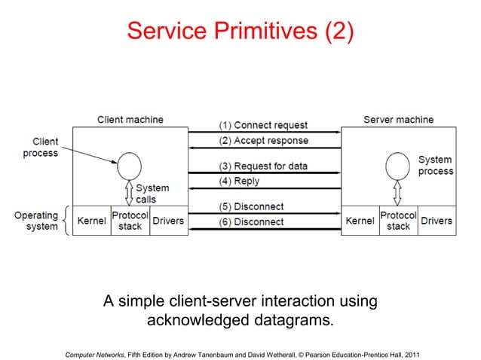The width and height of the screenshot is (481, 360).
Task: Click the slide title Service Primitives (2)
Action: click(x=240, y=32)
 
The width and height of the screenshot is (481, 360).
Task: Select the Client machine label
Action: click(x=130, y=120)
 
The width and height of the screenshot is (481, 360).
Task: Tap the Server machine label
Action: click(x=398, y=120)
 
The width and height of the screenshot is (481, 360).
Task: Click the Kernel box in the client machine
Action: click(x=91, y=221)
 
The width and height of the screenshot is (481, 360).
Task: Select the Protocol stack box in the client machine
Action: click(x=130, y=221)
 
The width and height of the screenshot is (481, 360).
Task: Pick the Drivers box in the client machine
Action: click(x=168, y=221)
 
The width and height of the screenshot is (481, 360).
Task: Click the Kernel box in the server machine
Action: click(x=360, y=221)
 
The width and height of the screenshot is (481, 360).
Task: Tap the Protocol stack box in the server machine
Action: click(x=398, y=221)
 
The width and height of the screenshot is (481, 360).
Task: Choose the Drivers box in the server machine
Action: click(x=437, y=221)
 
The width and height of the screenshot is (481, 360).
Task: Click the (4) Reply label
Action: click(x=239, y=182)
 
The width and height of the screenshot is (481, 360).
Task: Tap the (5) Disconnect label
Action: click(x=251, y=206)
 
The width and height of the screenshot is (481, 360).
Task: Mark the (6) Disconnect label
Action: click(x=251, y=222)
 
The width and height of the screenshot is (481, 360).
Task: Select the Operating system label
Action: click(x=37, y=221)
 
